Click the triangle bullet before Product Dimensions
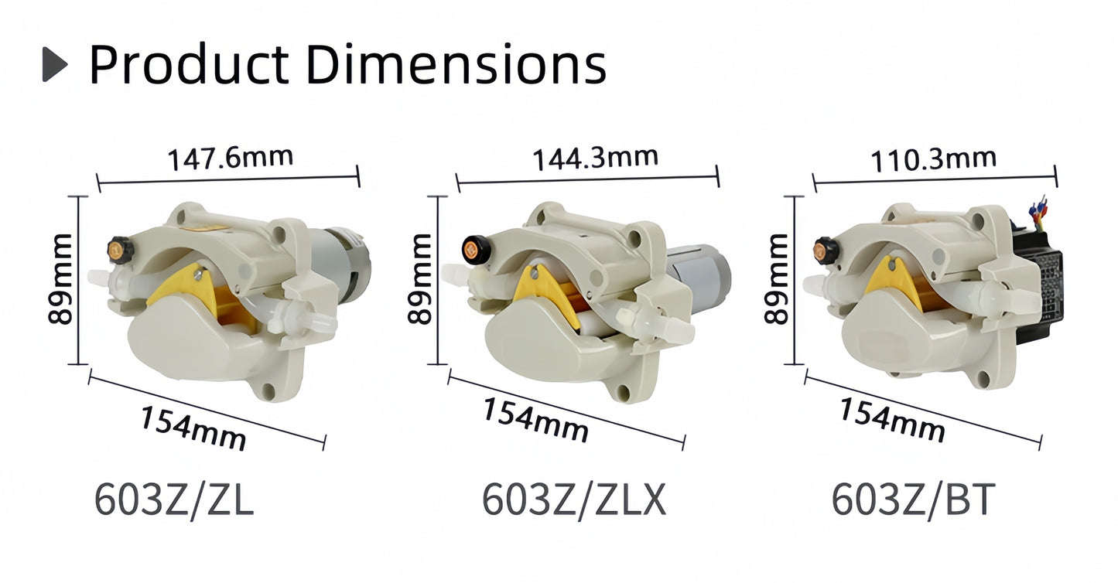[x=54, y=64]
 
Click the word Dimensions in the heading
[x=456, y=64]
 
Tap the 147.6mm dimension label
[x=231, y=158]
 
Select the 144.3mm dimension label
[x=594, y=159]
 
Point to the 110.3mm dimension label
[x=933, y=160]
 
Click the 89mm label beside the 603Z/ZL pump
[x=60, y=279]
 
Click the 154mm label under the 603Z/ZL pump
[x=193, y=428]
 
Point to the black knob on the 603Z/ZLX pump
[x=472, y=249]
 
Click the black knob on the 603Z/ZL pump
[x=118, y=249]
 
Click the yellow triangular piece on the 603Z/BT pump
[x=894, y=280]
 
